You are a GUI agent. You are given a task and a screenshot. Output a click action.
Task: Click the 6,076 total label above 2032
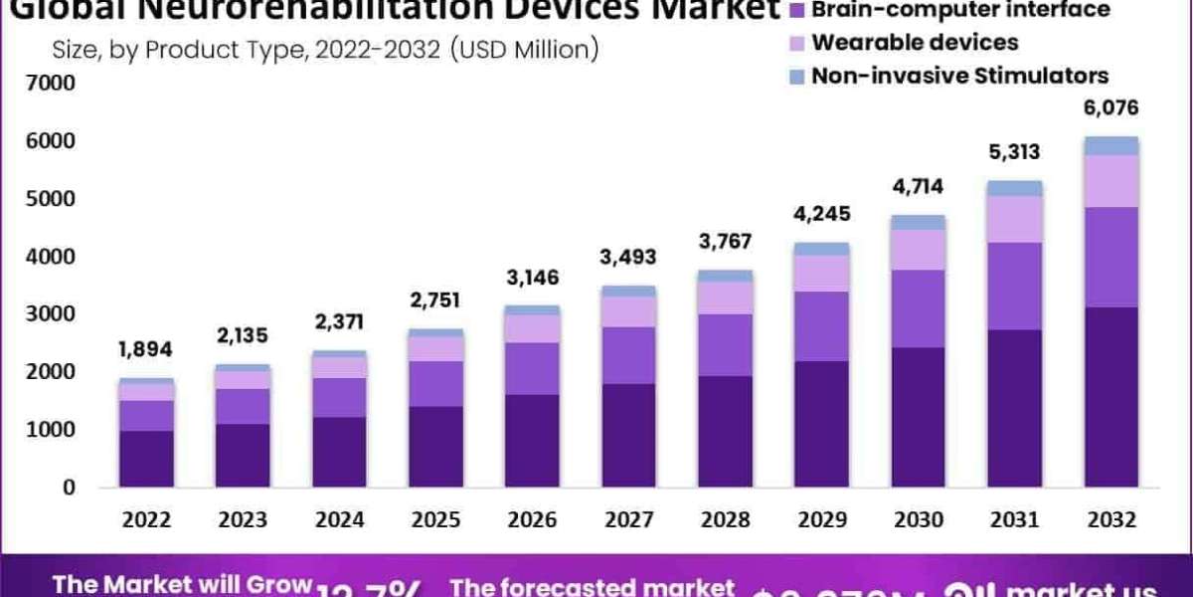pos(1110,107)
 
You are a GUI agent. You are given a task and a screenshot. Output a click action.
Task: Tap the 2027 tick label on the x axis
pos(629,520)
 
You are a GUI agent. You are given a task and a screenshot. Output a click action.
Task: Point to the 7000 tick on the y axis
pos(55,84)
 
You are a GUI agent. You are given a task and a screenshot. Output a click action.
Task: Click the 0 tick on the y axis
pos(70,488)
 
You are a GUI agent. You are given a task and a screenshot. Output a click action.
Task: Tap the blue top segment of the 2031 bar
pos(1015,188)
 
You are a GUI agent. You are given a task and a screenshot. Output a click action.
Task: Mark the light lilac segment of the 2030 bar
pos(919,250)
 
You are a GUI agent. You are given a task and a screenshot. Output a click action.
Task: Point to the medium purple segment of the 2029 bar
pos(822,325)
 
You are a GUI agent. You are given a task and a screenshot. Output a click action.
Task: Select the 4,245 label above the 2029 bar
pos(821,213)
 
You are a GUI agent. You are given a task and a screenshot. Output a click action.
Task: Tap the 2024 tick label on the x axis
pos(341,520)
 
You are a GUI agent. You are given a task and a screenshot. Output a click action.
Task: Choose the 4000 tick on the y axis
pos(55,257)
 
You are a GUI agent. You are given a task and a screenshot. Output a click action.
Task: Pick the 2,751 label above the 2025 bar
pos(436,300)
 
